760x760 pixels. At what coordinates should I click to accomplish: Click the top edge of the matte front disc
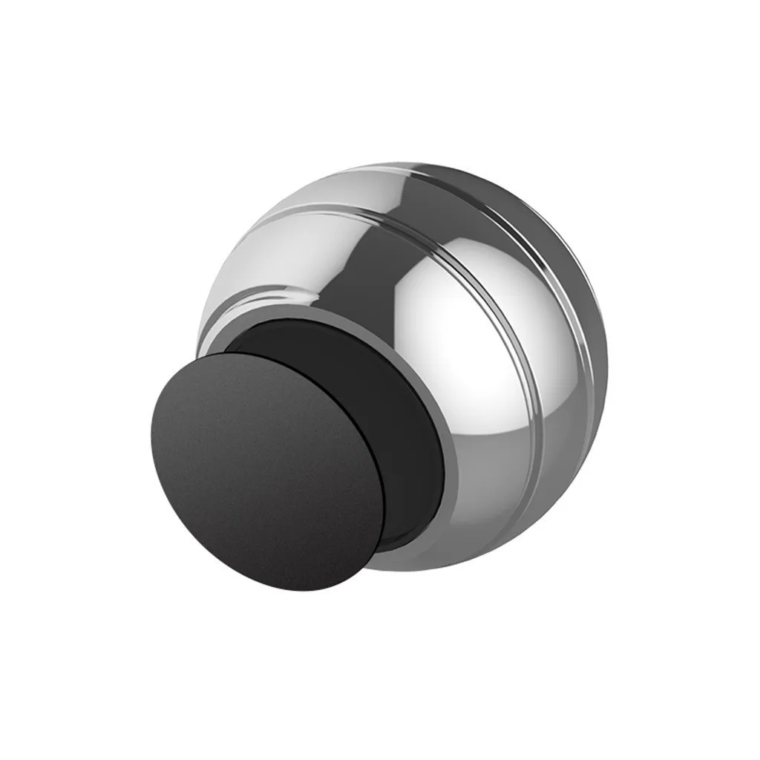(245, 354)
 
